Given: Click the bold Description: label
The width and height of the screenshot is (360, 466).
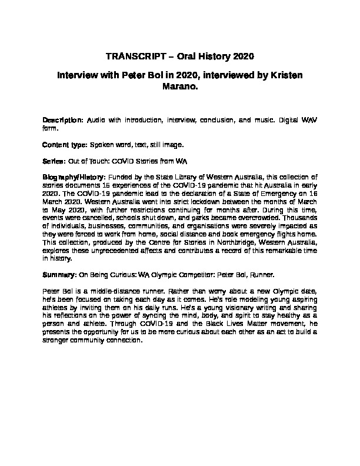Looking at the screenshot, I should click(x=63, y=119).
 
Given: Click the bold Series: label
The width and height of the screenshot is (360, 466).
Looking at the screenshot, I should click(x=55, y=160).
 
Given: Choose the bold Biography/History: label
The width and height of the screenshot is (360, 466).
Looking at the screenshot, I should click(x=74, y=177).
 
